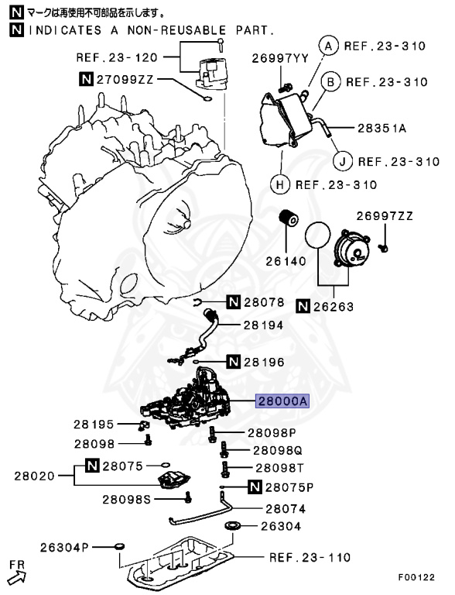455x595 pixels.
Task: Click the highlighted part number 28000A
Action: coord(282,401)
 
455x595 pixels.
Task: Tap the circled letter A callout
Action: coord(328,46)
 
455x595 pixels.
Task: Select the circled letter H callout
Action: coord(280,185)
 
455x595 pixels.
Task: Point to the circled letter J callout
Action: coord(342,161)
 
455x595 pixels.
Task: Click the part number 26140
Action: coord(286,261)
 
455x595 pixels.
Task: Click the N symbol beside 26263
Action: coord(303,306)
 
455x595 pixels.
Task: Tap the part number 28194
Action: coord(263,325)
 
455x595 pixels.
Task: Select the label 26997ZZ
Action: coord(385,216)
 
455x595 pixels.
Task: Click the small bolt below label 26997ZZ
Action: coord(383,248)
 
